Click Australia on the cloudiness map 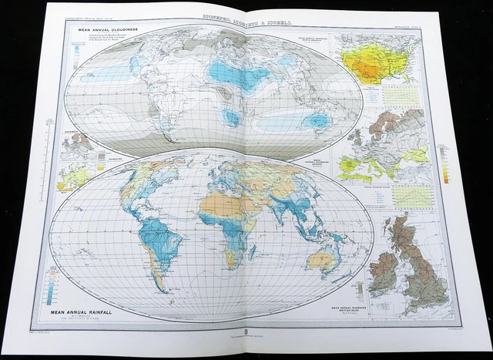coord(315,120)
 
